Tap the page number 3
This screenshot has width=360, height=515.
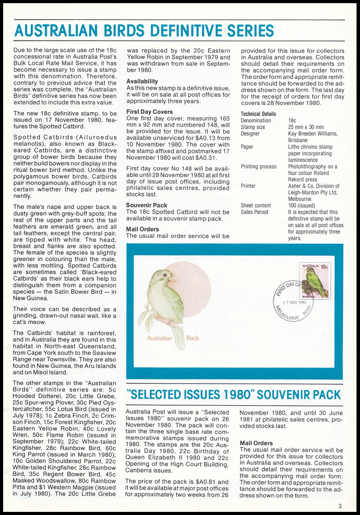pos(340,506)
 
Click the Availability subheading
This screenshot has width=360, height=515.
pos(142,81)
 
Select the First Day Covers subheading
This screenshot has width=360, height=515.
pos(149,112)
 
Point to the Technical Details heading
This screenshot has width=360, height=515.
pos(258,114)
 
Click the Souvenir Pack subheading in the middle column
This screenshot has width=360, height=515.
pos(146,205)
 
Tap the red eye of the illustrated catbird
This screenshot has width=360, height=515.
pos(164,275)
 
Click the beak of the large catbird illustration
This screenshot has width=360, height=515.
pos(173,279)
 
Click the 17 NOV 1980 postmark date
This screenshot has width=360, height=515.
pos(294,302)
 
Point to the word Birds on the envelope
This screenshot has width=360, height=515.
pos(192,338)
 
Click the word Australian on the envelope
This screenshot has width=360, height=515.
pos(159,338)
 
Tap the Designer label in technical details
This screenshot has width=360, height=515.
pos(250,134)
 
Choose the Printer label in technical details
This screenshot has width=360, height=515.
pos(248,186)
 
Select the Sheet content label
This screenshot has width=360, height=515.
pos(256,205)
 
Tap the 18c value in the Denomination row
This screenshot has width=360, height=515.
pos(292,120)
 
